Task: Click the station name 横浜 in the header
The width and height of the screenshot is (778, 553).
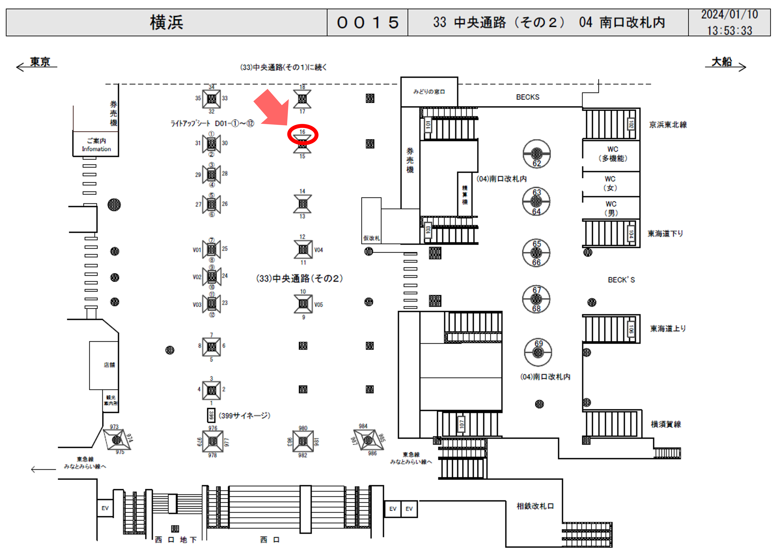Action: pos(167,22)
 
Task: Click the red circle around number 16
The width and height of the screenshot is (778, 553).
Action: pos(303,135)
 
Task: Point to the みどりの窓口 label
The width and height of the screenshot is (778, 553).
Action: pos(429,92)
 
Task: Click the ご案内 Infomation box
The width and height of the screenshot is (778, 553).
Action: pos(96,145)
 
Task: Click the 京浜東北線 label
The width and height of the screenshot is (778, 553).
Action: pos(668,125)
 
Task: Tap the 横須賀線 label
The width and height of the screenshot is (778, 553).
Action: pos(666,424)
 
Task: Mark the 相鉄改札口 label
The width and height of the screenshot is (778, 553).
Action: pos(535,506)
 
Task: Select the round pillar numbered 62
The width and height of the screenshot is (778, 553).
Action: pos(537,154)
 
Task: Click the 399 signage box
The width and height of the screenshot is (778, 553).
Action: pos(211,415)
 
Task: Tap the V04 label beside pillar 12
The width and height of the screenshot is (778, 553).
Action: pos(318,250)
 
